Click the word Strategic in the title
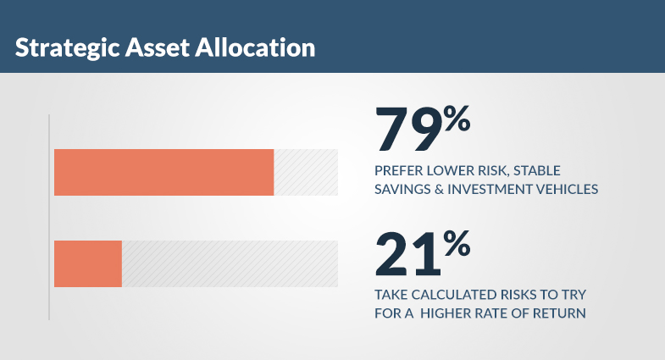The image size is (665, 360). tap(68, 48)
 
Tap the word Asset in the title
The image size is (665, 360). tap(157, 47)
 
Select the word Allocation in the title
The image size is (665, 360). tap(255, 47)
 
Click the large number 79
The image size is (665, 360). tap(408, 129)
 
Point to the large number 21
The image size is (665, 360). tap(408, 253)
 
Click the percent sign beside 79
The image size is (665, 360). tap(457, 119)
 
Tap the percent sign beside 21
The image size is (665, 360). tap(457, 243)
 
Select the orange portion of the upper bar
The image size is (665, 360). tap(164, 172)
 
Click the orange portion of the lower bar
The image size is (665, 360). tap(88, 263)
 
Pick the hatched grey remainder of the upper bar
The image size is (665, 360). tap(306, 172)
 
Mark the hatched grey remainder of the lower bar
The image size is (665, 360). tap(230, 263)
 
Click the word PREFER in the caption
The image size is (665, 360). tap(399, 171)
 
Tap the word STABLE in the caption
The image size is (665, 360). tap(537, 171)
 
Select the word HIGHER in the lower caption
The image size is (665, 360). tap(445, 313)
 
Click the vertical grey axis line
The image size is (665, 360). tap(49, 217)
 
